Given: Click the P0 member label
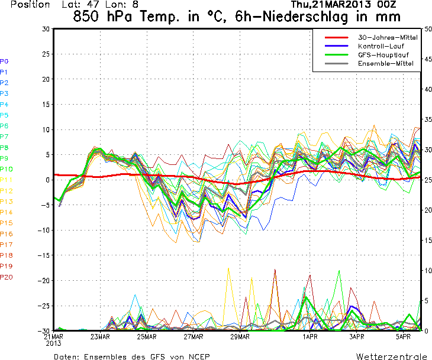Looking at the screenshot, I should [x=4, y=61].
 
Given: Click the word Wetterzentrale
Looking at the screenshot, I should [x=391, y=356].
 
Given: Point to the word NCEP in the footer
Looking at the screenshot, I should [x=196, y=356].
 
